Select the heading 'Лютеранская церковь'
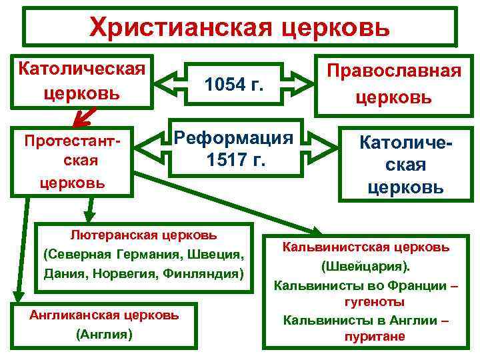(144, 235)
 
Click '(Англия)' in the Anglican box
(105, 333)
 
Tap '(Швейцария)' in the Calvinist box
(366, 267)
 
